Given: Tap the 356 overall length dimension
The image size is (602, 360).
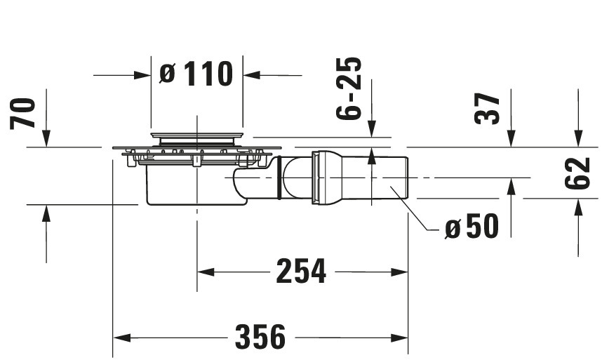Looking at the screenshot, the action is [260, 337].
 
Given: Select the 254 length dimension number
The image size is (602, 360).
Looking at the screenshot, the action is [301, 272].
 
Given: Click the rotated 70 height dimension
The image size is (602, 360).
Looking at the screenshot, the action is [22, 113].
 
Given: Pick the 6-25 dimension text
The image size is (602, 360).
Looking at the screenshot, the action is [349, 88].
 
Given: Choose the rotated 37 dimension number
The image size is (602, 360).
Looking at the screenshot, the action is [487, 109].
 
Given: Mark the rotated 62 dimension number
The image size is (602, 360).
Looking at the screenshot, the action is [577, 173].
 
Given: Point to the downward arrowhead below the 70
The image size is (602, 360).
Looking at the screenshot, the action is [46, 138].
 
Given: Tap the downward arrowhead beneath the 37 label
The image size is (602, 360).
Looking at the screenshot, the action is [511, 138].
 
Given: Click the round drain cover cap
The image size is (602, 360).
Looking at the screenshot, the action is [197, 135].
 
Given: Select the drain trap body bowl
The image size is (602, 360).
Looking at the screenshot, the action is [196, 185].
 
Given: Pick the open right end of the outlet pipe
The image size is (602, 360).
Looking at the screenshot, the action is [408, 177].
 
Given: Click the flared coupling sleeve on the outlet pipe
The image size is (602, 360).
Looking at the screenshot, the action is [326, 178].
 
